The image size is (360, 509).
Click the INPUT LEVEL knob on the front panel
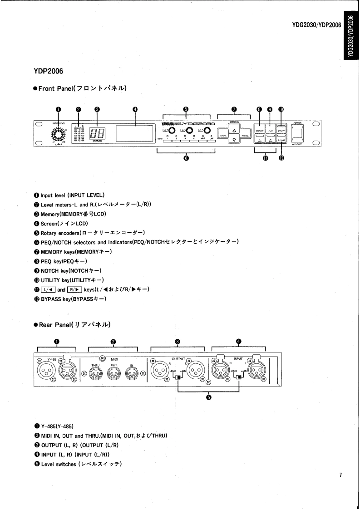tap(58, 134)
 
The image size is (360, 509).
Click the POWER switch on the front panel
tap(298, 133)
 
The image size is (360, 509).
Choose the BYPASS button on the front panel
tap(281, 141)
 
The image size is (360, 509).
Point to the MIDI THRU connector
tap(95, 374)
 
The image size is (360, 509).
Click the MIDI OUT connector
tap(113, 374)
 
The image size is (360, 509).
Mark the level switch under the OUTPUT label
tap(179, 377)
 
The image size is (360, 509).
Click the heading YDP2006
tap(48, 71)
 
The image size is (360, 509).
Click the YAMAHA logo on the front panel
tap(168, 123)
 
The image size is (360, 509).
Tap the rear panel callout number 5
tap(208, 398)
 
